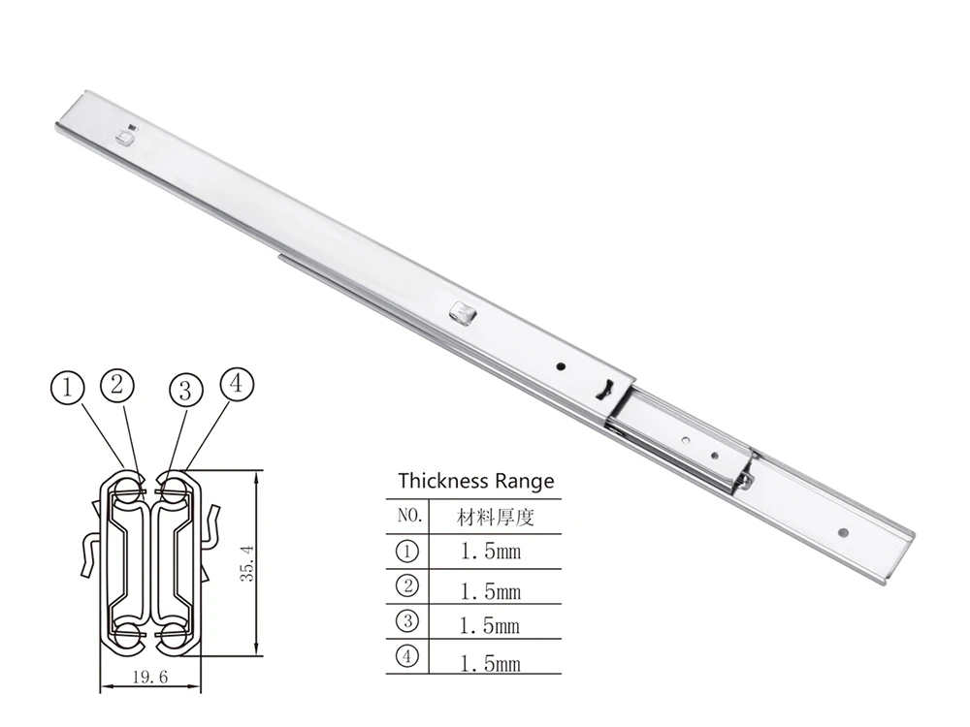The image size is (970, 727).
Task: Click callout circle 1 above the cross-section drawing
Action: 67,390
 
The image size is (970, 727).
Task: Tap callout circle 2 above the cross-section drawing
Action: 117,384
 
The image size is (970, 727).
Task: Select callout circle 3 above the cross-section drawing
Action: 185,391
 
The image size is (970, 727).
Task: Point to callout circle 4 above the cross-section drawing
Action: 237,384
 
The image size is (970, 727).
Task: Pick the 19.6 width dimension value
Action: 149,679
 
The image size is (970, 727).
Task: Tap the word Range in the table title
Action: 523,481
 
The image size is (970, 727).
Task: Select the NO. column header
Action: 408,516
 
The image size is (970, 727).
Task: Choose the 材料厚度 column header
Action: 495,517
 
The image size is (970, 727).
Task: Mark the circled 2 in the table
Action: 408,585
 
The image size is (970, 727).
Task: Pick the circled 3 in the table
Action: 408,621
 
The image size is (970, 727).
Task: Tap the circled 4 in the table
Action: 408,657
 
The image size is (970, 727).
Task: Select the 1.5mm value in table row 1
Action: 490,553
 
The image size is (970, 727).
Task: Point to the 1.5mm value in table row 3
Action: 490,626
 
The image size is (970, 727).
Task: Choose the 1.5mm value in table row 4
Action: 490,663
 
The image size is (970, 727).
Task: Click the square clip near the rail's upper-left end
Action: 124,137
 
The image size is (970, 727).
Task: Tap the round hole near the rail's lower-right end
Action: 843,532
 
